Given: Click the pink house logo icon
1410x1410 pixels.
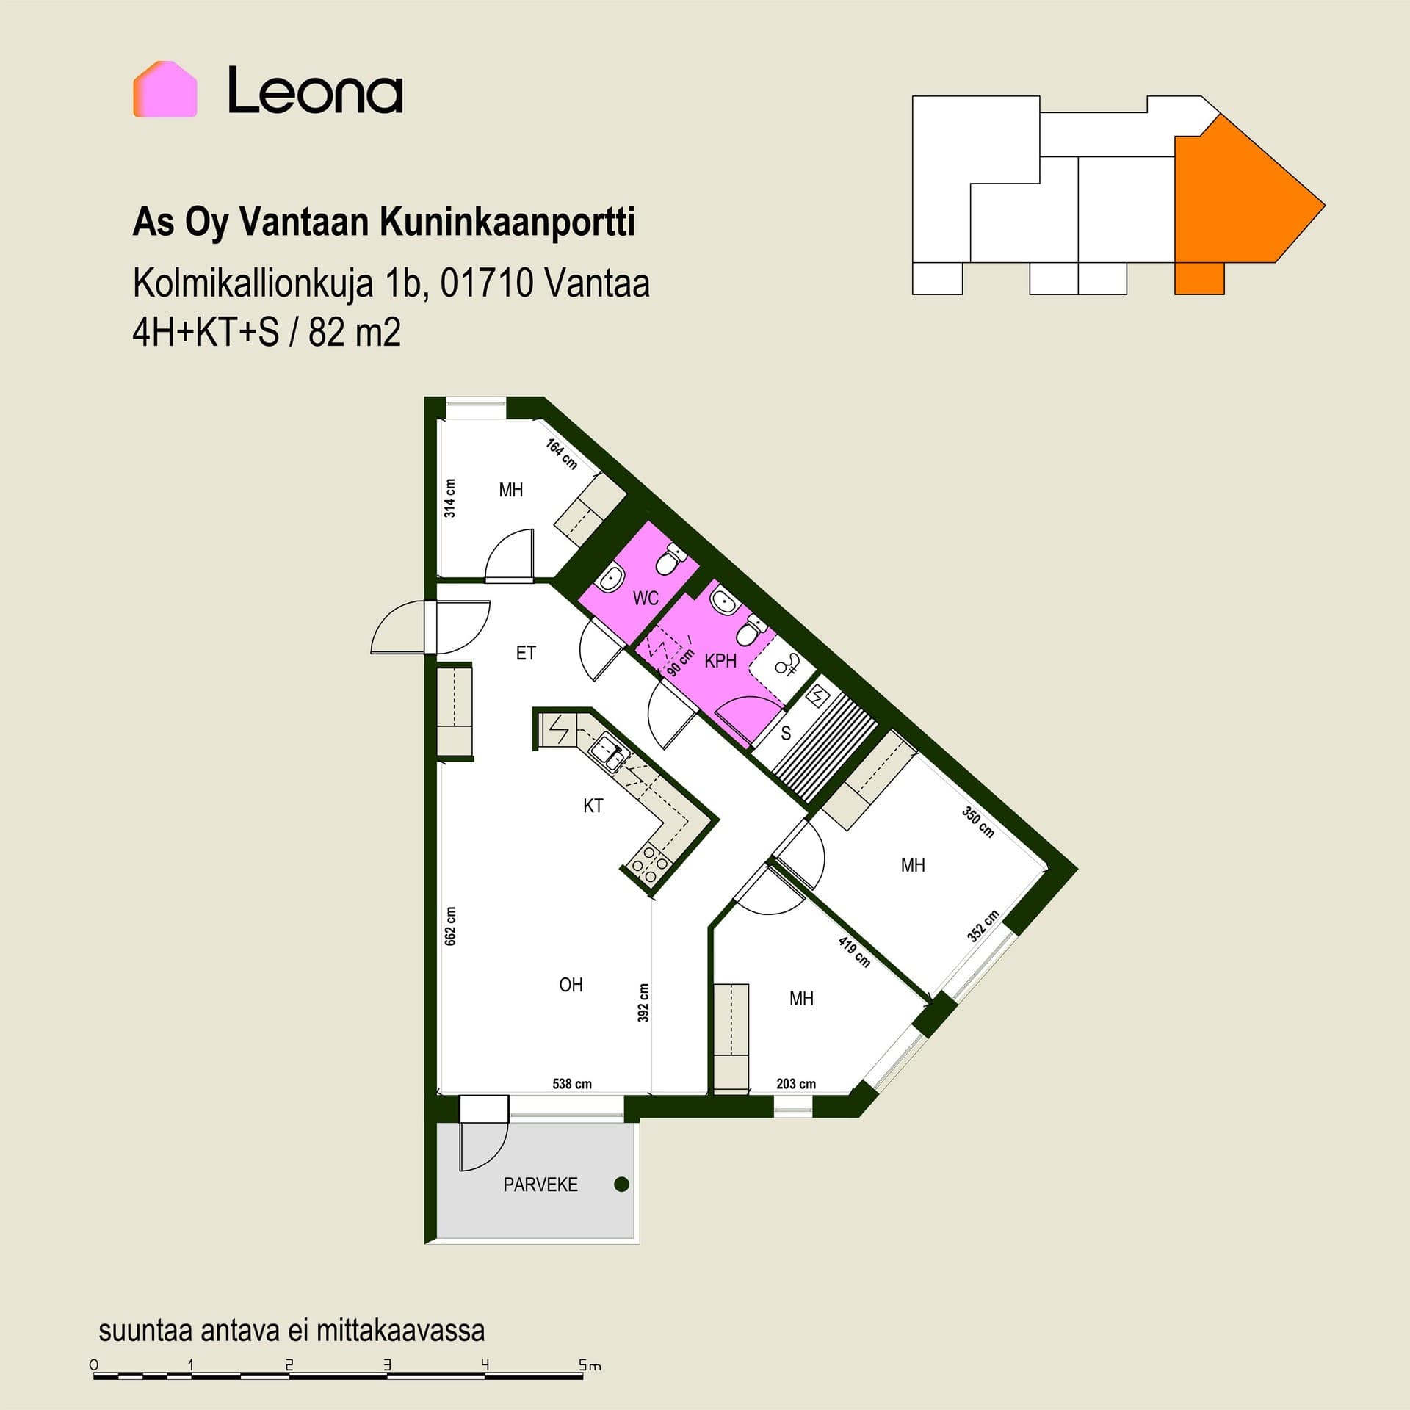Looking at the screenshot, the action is pos(165,89).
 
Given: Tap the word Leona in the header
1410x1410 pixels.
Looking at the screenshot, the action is pos(315,90).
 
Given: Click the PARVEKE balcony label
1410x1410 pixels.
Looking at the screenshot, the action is pos(540,1185).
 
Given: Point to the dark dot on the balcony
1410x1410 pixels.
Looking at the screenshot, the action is pos(621,1184).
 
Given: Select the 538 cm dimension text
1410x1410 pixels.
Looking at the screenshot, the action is pos(572,1083).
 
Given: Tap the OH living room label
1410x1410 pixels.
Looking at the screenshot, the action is pos(571,985).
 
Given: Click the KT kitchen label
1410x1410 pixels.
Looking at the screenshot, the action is pos(593,806).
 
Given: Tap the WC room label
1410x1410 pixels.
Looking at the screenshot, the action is pos(646,599).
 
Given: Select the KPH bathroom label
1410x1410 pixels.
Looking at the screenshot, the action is pos(720,661).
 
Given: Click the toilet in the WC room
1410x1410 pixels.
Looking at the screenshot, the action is pos(668,562).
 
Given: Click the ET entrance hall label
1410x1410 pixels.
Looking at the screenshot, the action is pos(526,653).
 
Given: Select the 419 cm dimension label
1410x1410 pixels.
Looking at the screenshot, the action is pos(854,952).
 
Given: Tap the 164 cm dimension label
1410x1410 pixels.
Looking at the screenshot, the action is pos(562,454).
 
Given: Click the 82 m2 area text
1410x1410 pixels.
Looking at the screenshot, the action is pos(355,333).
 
